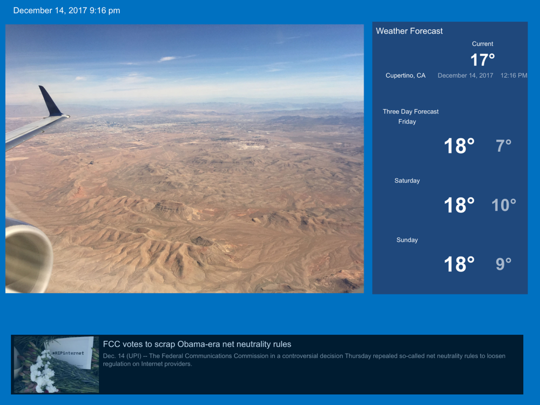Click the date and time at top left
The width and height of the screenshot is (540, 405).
click(x=66, y=10)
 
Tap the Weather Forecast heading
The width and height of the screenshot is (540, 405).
click(x=409, y=31)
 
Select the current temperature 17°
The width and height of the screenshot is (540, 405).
click(x=482, y=60)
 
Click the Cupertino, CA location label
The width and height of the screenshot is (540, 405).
click(x=406, y=76)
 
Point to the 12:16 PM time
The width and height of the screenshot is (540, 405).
click(x=514, y=76)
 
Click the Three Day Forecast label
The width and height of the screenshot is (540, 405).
click(x=410, y=112)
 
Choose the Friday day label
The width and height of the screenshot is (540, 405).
click(x=407, y=122)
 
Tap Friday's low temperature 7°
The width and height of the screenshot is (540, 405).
click(x=503, y=146)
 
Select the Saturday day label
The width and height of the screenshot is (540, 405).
click(x=407, y=181)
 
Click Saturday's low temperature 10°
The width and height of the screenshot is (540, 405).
click(x=503, y=205)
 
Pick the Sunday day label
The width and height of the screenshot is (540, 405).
click(x=407, y=240)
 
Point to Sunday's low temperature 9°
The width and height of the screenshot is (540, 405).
click(x=503, y=264)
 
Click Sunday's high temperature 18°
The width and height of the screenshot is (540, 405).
click(x=459, y=264)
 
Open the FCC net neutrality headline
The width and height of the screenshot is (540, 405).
click(x=197, y=344)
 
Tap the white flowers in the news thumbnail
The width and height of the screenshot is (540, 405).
click(x=43, y=372)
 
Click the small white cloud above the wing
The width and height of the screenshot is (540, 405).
click(x=167, y=59)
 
